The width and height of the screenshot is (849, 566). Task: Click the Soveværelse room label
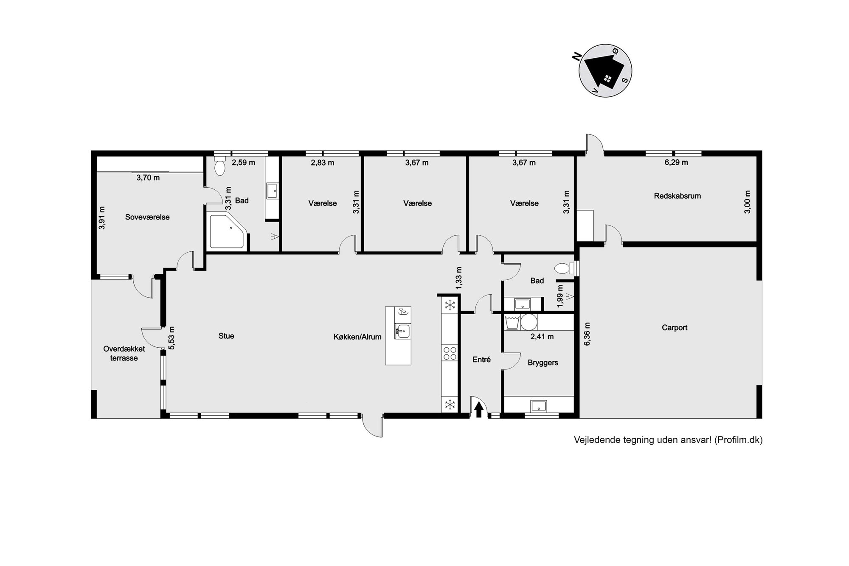147,217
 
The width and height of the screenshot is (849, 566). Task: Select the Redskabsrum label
678,196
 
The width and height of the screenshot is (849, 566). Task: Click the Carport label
675,327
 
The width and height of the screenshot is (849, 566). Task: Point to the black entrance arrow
479,410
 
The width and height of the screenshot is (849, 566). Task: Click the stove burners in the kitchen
450,353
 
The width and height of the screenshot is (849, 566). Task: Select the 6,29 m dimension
676,162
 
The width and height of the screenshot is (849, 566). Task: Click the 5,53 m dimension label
171,338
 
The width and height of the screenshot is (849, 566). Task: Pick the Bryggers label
543,363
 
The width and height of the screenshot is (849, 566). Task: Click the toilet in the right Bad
564,268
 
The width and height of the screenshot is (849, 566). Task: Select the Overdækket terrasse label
124,353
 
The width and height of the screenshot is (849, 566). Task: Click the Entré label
481,360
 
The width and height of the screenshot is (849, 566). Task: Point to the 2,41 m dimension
542,337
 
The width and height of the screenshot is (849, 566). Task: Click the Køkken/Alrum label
357,337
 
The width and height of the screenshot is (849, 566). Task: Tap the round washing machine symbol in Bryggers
529,322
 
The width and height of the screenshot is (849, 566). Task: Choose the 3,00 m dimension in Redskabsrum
748,202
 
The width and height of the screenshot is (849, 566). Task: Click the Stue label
226,336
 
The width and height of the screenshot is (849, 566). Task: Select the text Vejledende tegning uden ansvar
643,440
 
